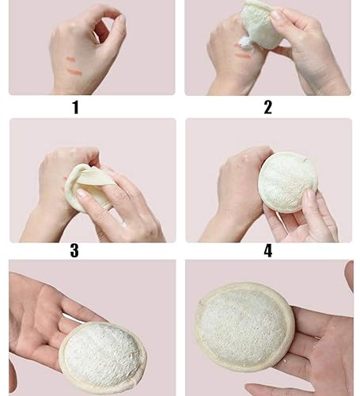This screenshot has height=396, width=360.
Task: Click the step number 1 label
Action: click(75, 107)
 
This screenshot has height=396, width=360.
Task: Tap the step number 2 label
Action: click(267, 107)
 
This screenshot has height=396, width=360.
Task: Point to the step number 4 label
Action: click(267, 251)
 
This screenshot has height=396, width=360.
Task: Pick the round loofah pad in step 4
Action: click(287, 182)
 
